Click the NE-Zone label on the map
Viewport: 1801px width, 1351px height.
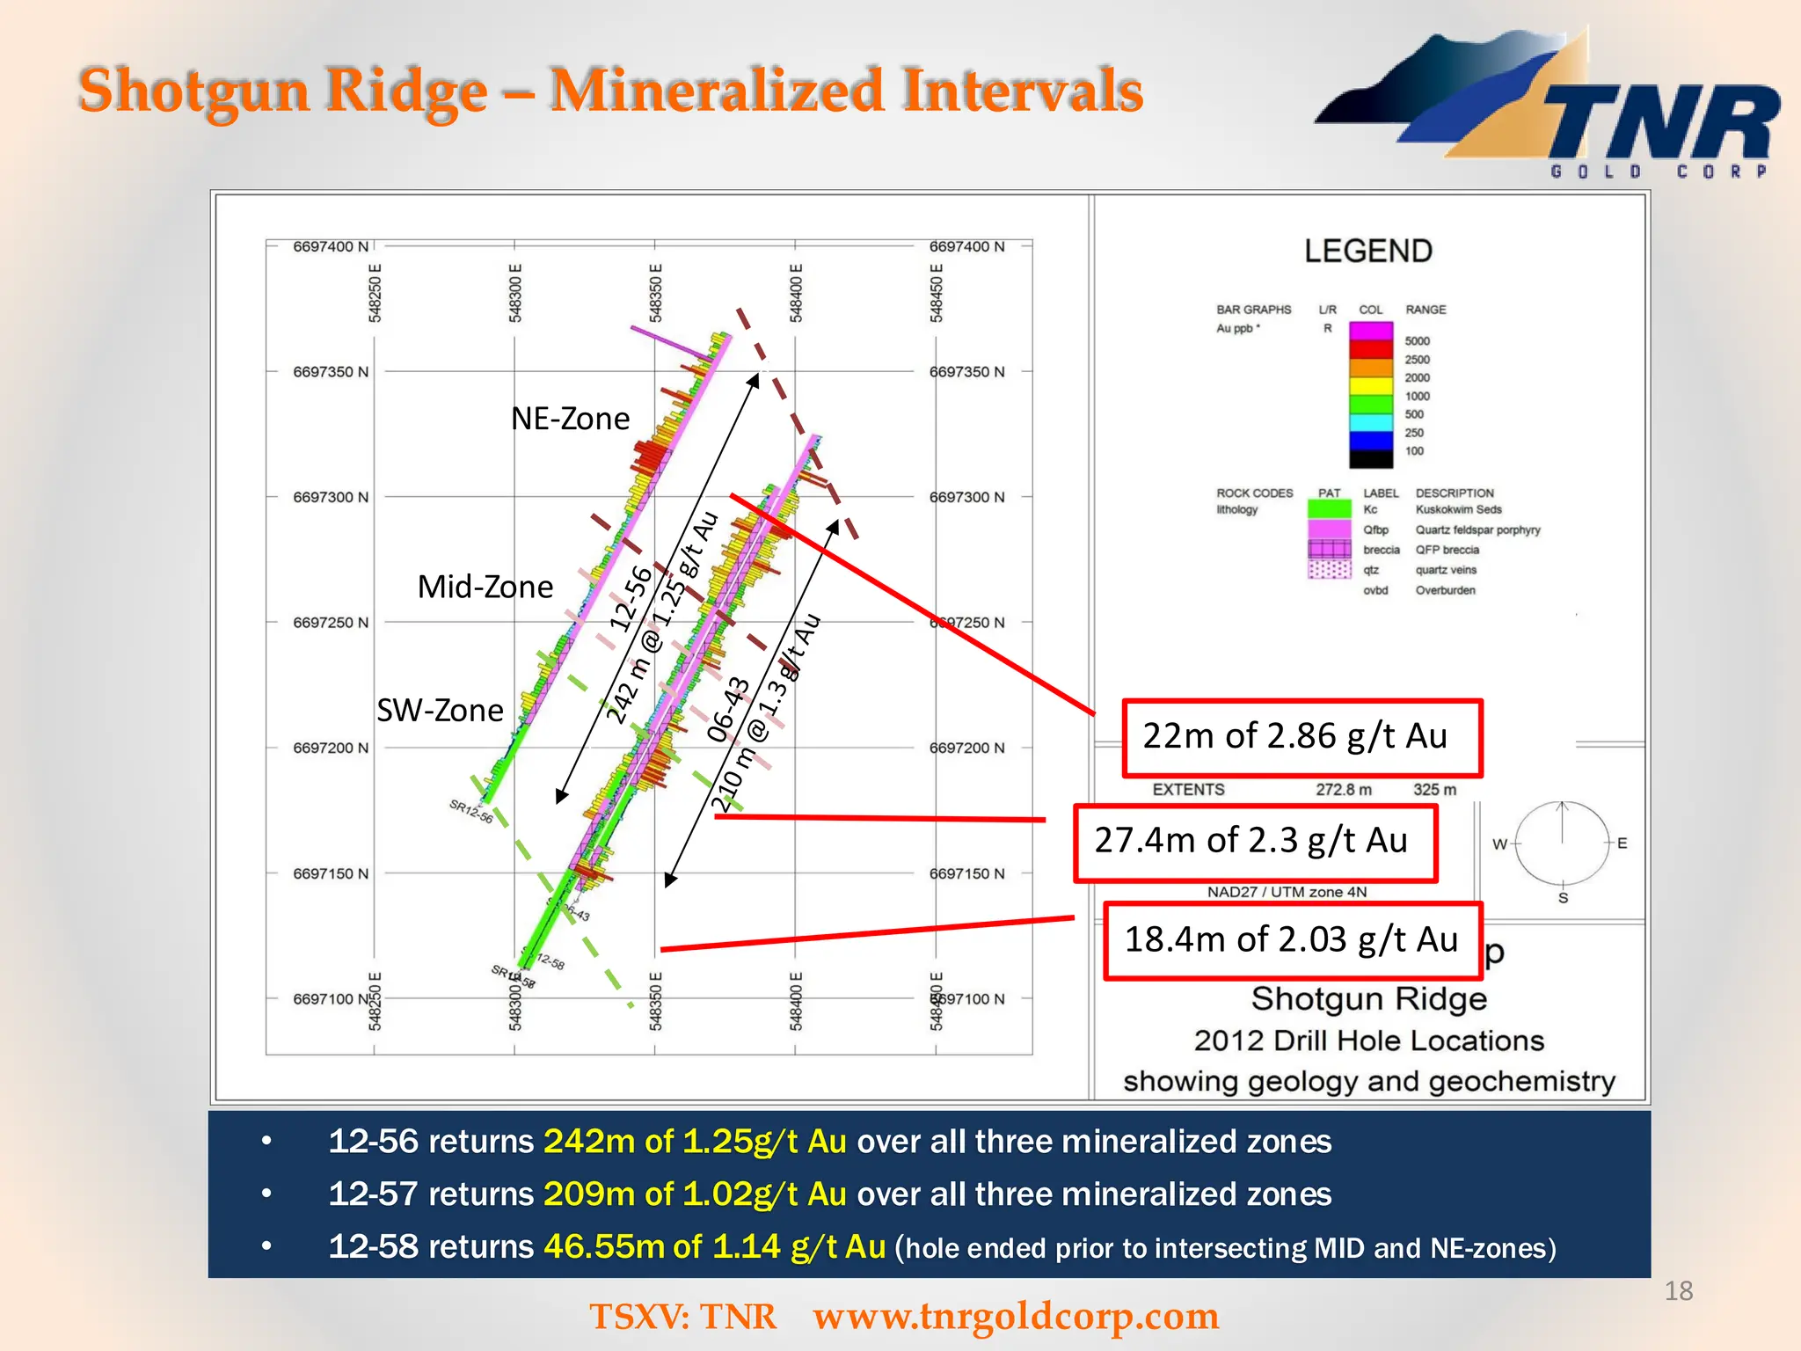(x=570, y=419)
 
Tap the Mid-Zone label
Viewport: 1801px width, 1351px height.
(x=485, y=587)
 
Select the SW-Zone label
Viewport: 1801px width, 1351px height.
(x=440, y=710)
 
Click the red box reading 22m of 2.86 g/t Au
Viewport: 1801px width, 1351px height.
(x=1302, y=737)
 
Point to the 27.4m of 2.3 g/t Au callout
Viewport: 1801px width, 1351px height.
(x=1254, y=842)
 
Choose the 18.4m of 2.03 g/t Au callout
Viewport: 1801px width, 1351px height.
(x=1292, y=940)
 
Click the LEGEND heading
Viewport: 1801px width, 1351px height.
(x=1367, y=252)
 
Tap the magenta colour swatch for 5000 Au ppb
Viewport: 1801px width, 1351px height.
(x=1370, y=332)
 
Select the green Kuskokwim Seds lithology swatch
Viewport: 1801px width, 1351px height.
(x=1328, y=509)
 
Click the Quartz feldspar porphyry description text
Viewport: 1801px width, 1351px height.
(x=1477, y=530)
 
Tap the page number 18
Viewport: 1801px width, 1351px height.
(x=1678, y=1291)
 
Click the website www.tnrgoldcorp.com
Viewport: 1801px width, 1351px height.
(x=1016, y=1317)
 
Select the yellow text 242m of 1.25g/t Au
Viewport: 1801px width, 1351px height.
(x=695, y=1142)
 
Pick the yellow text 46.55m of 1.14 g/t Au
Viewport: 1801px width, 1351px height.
(x=714, y=1247)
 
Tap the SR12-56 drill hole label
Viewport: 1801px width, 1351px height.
(x=471, y=811)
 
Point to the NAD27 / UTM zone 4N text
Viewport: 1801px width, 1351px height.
(x=1287, y=892)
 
